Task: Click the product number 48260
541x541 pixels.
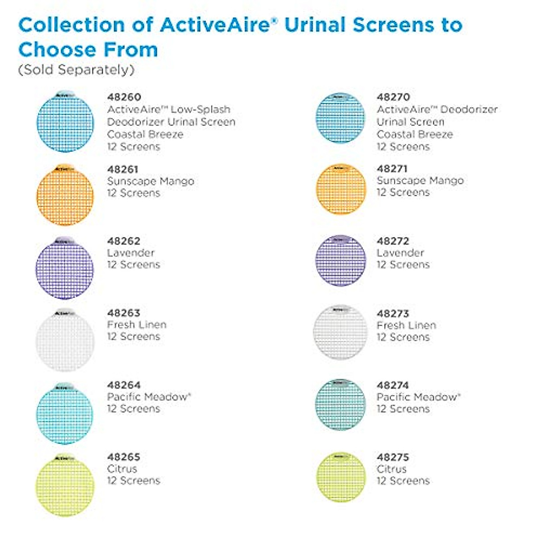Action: point(124,97)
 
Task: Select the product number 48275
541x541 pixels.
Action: point(393,457)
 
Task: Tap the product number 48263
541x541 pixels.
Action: point(124,313)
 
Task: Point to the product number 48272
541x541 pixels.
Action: point(393,241)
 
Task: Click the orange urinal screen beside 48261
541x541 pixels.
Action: point(65,195)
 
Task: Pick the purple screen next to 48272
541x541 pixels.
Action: point(341,261)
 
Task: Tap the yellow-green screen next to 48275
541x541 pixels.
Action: point(341,477)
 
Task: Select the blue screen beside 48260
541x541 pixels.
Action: point(65,122)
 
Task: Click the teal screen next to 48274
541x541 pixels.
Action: point(341,404)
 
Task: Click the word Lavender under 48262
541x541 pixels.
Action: point(131,253)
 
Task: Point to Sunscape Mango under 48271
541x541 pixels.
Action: point(420,181)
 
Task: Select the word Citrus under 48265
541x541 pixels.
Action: point(122,469)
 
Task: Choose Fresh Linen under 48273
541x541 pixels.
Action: point(406,325)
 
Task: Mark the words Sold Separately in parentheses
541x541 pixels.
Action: point(76,70)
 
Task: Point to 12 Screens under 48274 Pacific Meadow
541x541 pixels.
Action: point(403,409)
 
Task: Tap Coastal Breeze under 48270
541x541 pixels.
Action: point(415,134)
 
